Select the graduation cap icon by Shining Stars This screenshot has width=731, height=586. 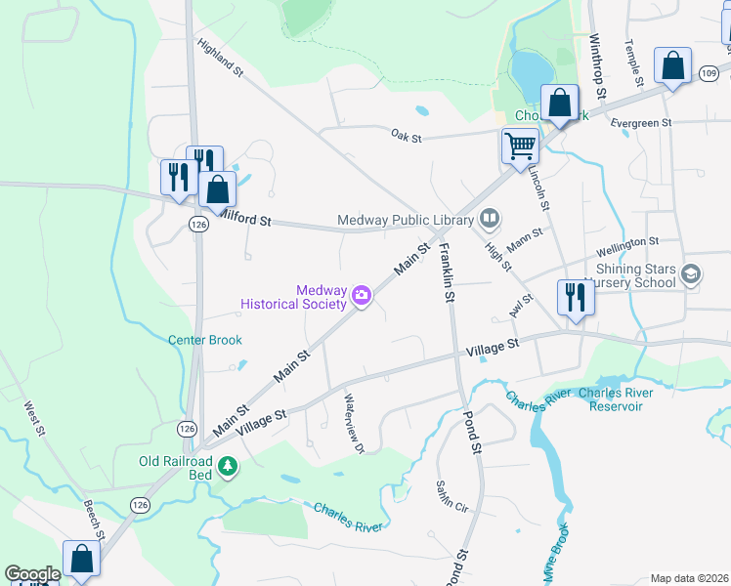(x=692, y=274)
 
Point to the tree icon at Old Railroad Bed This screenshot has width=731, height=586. (x=228, y=467)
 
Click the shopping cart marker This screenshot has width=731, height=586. (x=520, y=146)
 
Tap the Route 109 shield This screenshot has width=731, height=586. (x=709, y=72)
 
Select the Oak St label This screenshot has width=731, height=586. (x=406, y=137)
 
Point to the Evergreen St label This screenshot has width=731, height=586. (x=641, y=124)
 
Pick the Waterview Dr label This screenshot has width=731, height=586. (x=354, y=423)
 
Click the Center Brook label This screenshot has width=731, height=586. (x=204, y=340)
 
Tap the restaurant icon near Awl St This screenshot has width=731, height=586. (x=575, y=297)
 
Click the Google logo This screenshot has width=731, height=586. (x=31, y=574)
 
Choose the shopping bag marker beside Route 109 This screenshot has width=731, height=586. (x=672, y=66)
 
